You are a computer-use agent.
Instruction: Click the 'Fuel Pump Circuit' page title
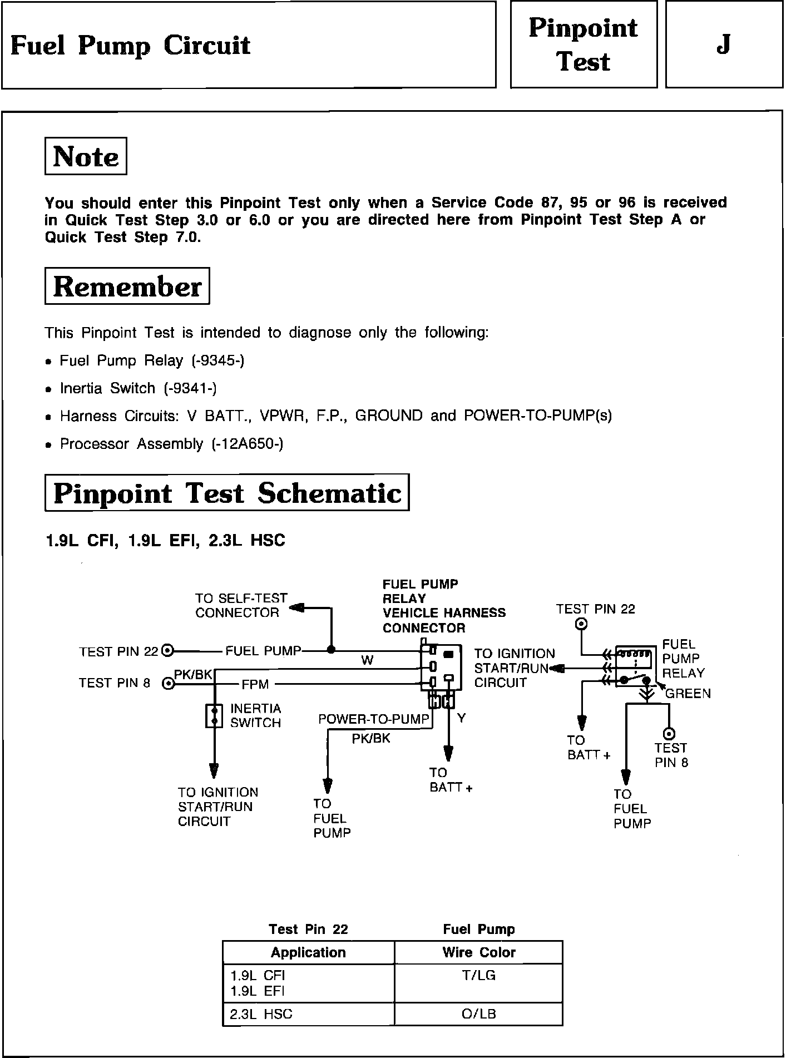[x=130, y=46]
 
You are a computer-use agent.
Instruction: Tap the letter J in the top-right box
[x=723, y=45]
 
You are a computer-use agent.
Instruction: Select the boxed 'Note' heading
[x=86, y=156]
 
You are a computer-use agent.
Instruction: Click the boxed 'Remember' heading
[x=127, y=286]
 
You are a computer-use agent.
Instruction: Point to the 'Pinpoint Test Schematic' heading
[x=227, y=493]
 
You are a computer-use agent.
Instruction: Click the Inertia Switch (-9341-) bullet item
[x=138, y=388]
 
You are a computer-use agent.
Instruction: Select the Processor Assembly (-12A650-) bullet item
[x=171, y=444]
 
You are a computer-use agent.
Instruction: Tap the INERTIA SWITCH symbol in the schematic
[x=214, y=716]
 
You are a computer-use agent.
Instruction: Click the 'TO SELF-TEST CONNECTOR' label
[x=241, y=606]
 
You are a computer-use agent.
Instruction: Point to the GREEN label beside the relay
[x=688, y=694]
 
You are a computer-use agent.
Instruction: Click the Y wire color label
[x=461, y=719]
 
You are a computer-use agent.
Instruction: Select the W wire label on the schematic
[x=367, y=660]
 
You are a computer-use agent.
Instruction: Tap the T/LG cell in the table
[x=478, y=975]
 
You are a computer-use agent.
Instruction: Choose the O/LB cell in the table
[x=478, y=1014]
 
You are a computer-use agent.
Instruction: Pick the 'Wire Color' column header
[x=478, y=952]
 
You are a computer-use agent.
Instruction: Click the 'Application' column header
[x=308, y=952]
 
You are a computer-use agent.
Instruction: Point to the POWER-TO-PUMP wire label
[x=373, y=719]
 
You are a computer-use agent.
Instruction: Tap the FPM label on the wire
[x=255, y=684]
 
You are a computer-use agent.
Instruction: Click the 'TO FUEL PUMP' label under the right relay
[x=631, y=809]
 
